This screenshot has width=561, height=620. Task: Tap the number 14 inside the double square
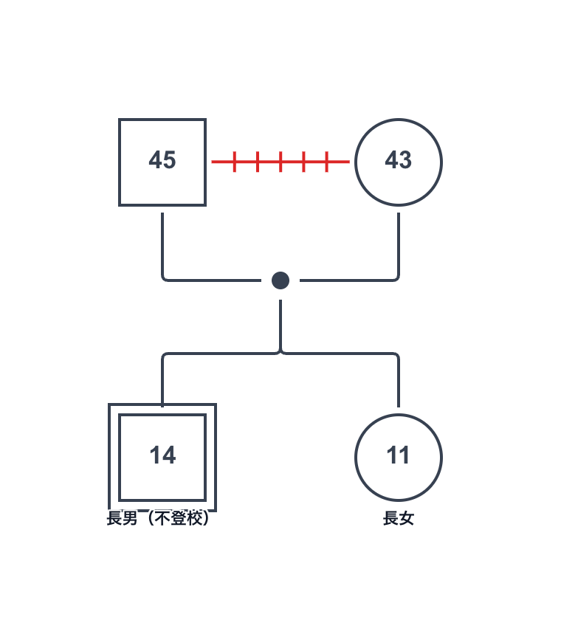(x=162, y=456)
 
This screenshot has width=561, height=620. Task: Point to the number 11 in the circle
(x=399, y=456)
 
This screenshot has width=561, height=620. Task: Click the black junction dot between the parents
(x=280, y=280)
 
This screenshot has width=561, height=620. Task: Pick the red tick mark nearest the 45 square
(x=235, y=161)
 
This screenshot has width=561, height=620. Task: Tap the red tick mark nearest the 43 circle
(x=326, y=161)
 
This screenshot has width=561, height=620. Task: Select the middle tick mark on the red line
(x=280, y=161)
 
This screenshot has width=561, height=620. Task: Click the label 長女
(x=399, y=519)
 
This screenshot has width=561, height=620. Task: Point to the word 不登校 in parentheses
(x=179, y=519)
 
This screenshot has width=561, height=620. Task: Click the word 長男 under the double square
(x=123, y=519)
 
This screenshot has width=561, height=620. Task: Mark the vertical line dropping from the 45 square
(x=162, y=244)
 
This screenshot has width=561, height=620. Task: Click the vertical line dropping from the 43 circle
(x=399, y=244)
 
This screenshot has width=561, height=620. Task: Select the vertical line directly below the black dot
(x=280, y=325)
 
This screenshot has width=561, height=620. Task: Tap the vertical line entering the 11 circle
(x=399, y=384)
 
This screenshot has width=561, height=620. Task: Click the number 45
(x=162, y=161)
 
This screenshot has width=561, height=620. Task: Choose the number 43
(x=399, y=161)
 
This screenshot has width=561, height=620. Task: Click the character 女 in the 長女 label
(x=407, y=519)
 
